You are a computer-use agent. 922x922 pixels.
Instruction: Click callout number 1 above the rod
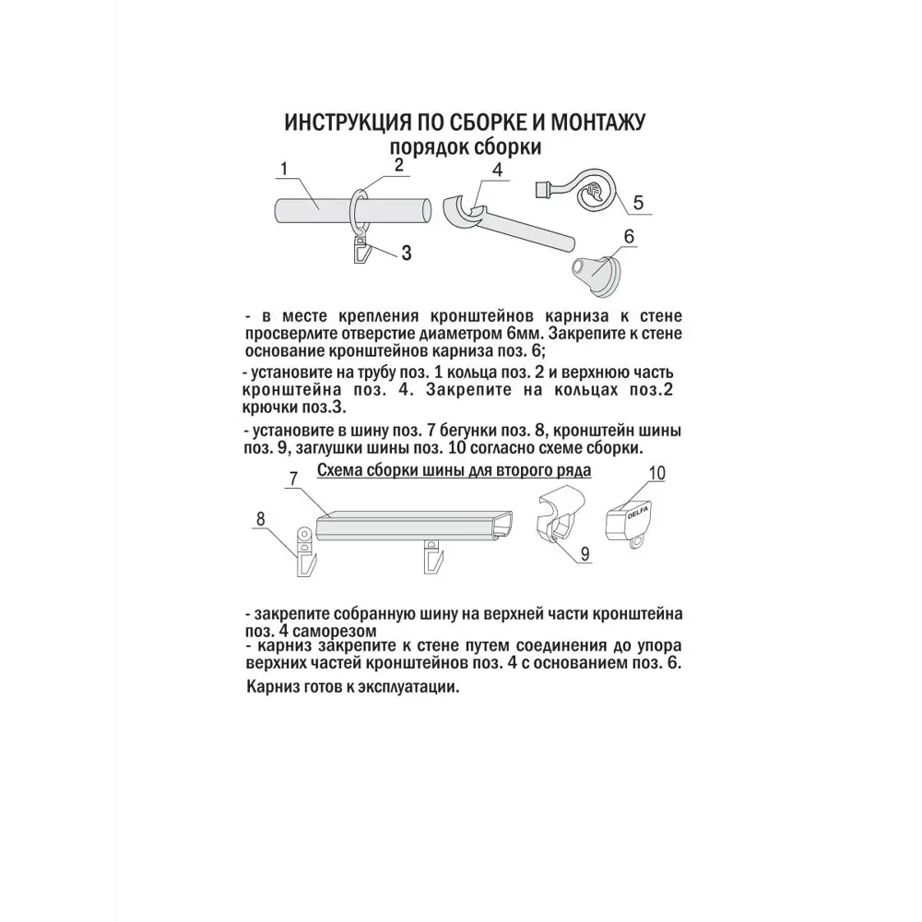(x=285, y=169)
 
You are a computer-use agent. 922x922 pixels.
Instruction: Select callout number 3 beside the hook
(x=405, y=254)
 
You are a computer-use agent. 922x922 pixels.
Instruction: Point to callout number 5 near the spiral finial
(x=636, y=201)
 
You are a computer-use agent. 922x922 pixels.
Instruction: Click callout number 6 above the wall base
(x=629, y=236)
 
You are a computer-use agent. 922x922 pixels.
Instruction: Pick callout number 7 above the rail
(x=291, y=479)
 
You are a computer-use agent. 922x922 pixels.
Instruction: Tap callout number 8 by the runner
(x=261, y=519)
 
